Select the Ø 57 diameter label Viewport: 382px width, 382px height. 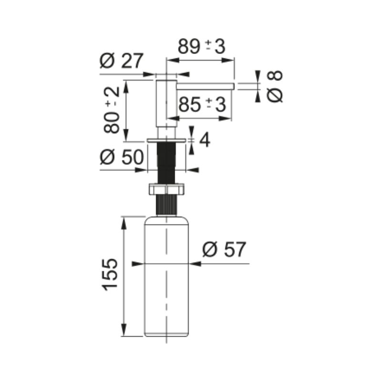[x=224, y=249]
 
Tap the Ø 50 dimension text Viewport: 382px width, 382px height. [x=122, y=157]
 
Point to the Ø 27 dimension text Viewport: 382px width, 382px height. [x=121, y=61]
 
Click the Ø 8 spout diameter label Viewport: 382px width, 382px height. [x=275, y=86]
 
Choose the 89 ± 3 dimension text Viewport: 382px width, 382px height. [x=202, y=46]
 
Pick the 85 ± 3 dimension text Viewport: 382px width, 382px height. [x=202, y=104]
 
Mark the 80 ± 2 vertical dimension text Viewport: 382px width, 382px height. [x=112, y=110]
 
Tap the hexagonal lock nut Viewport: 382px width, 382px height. [x=166, y=189]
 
